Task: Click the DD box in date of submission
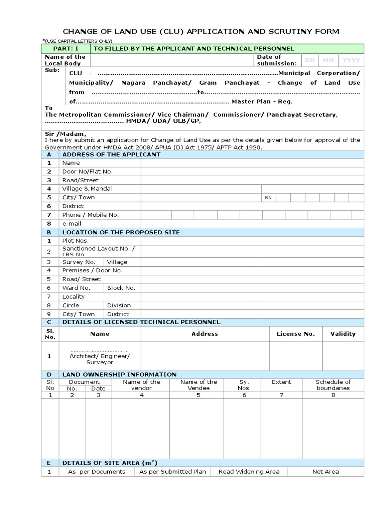click(x=310, y=60)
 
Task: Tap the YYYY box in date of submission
click(x=351, y=60)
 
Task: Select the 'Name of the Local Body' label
click(x=65, y=60)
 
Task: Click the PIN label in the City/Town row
click(x=268, y=198)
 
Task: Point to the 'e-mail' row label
click(x=72, y=224)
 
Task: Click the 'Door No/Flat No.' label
click(x=87, y=171)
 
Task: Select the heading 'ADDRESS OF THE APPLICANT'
click(x=111, y=154)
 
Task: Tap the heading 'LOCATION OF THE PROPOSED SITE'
click(x=121, y=232)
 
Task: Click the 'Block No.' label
click(x=121, y=288)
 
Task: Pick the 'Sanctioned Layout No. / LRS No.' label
click(x=98, y=251)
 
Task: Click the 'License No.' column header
click(x=296, y=334)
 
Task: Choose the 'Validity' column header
click(x=343, y=334)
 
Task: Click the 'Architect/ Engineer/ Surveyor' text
click(x=100, y=359)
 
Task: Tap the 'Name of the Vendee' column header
click(x=198, y=385)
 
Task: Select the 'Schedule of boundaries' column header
click(x=333, y=385)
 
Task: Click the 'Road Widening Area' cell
click(x=249, y=471)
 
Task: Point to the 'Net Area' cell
click(x=325, y=471)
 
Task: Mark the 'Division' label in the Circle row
click(x=119, y=305)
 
